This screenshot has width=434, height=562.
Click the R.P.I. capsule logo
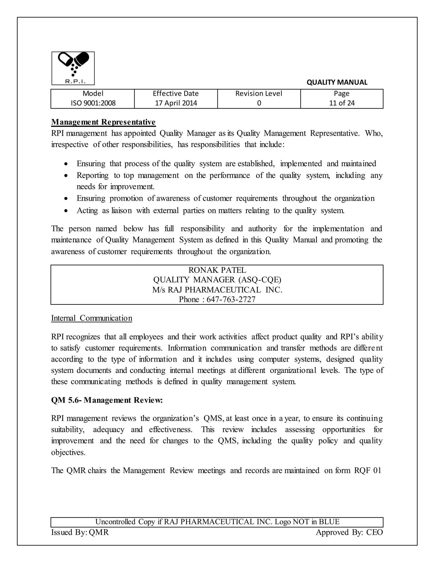tap(73, 68)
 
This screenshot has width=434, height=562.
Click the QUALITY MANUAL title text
tap(337, 82)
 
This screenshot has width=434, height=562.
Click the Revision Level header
tap(259, 93)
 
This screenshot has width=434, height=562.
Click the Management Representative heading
tap(103, 122)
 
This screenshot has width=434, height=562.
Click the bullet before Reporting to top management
tap(66, 176)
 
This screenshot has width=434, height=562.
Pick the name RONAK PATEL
tap(217, 270)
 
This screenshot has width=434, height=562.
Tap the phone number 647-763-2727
tap(231, 299)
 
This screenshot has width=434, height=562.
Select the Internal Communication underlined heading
tap(92, 318)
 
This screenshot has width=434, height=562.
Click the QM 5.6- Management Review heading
tap(107, 400)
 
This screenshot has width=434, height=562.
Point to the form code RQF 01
tap(367, 471)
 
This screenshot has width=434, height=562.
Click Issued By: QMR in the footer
tap(80, 532)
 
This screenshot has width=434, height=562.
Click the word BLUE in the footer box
tap(329, 522)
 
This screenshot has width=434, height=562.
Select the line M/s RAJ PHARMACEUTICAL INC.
tap(217, 290)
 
